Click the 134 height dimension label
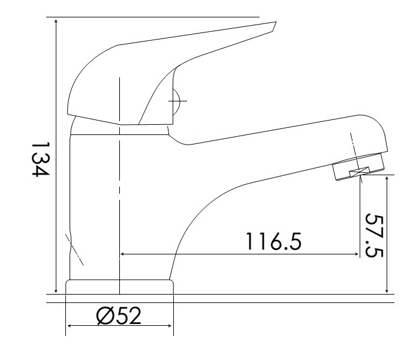tap(41, 160)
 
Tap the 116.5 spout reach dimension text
tap(273, 241)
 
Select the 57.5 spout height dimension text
tap(375, 235)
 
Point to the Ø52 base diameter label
tap(119, 316)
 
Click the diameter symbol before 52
tap(104, 316)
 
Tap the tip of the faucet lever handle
tap(276, 22)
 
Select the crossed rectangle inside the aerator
tap(360, 172)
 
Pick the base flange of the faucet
tap(119, 287)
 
